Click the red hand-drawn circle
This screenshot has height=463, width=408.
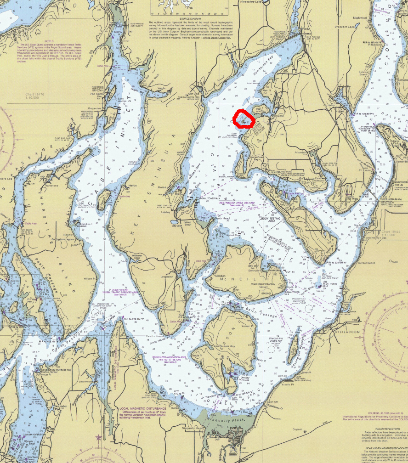click(x=244, y=119)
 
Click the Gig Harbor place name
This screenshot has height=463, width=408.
click(x=327, y=105)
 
